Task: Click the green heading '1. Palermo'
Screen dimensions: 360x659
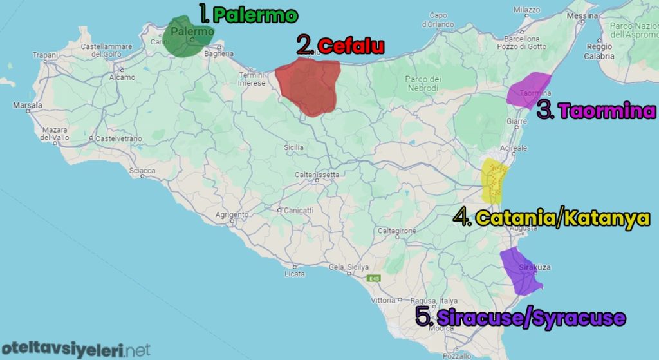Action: tap(239, 14)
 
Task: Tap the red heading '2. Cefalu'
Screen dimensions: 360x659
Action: tap(340, 46)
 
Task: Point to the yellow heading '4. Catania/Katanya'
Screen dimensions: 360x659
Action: tap(552, 218)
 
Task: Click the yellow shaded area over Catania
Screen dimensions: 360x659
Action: tap(495, 180)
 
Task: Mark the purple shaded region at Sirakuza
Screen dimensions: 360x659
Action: tap(520, 270)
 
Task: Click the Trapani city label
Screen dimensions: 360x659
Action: tap(44, 55)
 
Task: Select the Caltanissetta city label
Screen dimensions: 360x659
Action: tap(317, 175)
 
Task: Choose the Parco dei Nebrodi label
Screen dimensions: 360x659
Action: tap(422, 83)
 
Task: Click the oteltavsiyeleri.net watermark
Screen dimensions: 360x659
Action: tap(75, 350)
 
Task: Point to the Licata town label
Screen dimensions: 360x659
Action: tap(294, 274)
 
